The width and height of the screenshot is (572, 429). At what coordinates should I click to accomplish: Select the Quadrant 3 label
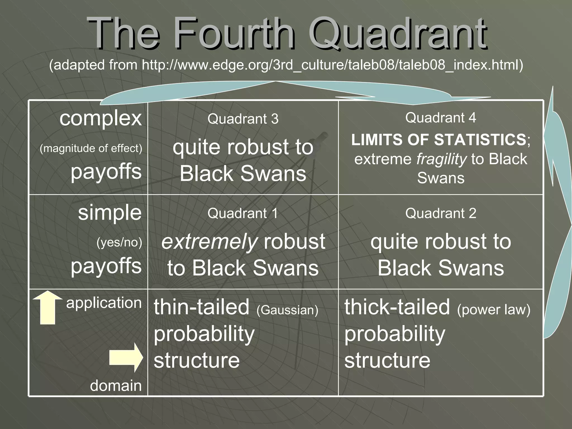tap(243, 119)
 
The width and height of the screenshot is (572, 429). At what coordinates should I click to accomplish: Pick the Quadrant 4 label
tap(440, 118)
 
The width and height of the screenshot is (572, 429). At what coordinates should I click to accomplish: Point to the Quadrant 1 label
tap(243, 213)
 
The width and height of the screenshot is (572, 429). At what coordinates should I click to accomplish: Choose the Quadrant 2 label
tap(440, 213)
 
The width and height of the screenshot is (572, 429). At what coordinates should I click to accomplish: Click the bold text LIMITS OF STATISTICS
tap(438, 140)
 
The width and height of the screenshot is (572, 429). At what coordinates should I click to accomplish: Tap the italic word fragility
tap(441, 159)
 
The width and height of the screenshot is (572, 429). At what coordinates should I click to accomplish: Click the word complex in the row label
tap(101, 118)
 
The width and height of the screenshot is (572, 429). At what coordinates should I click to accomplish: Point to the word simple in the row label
tap(110, 213)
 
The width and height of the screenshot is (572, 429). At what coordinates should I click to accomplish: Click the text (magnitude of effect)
tap(91, 148)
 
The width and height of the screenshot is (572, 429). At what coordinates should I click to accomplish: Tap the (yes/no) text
tap(119, 242)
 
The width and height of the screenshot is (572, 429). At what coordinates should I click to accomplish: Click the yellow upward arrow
tap(47, 307)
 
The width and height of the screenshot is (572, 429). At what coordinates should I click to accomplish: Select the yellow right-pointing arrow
tap(126, 357)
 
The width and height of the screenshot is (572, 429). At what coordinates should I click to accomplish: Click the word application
tap(104, 303)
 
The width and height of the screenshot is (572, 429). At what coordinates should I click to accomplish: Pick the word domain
tap(116, 386)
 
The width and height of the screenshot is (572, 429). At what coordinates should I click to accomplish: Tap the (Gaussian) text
tap(287, 310)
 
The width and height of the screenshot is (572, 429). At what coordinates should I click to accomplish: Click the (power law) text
tap(494, 309)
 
